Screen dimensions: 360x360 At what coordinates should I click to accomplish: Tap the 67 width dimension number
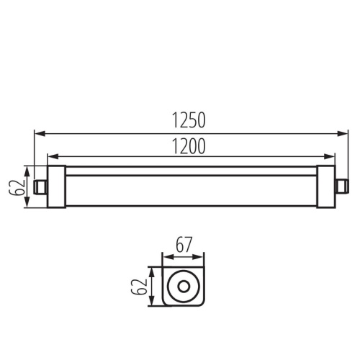click(182, 245)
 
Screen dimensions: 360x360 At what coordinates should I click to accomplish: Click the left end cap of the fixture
click(55, 186)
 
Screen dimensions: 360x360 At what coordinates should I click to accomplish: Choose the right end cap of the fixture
click(323, 186)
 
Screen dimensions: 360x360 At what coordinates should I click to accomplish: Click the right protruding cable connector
click(337, 186)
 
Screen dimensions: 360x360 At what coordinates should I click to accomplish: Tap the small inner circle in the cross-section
click(182, 287)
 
